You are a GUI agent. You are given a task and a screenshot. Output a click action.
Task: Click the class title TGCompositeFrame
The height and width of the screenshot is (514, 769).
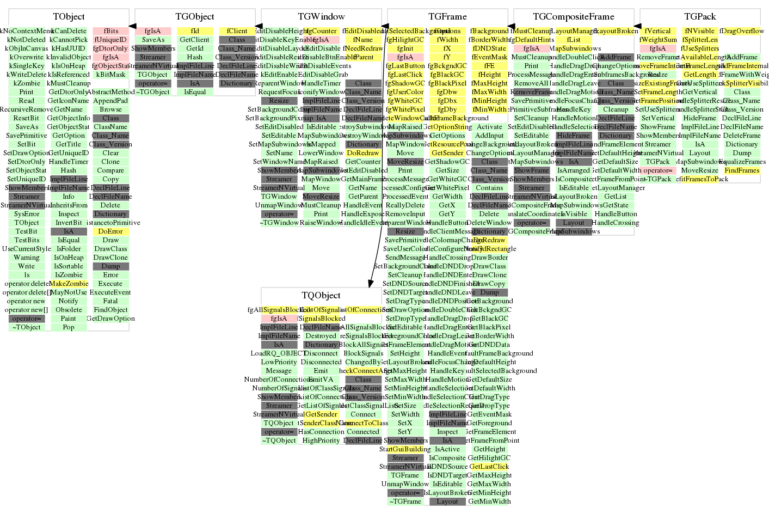[574, 17]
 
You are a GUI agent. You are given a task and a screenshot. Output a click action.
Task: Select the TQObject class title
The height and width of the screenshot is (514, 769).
[321, 296]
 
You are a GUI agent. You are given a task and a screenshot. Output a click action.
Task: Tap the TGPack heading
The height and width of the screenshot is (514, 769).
[700, 17]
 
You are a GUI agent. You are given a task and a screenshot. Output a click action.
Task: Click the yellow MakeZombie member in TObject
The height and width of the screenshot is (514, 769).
[69, 284]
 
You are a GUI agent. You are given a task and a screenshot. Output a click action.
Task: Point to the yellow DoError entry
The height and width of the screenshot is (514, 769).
[110, 231]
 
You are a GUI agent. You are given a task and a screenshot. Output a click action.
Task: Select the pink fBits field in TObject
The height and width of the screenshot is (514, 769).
[110, 31]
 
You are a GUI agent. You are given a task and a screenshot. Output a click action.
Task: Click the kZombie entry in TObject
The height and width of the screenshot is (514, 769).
[27, 83]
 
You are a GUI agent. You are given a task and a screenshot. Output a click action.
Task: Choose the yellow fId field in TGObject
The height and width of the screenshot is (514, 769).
[195, 31]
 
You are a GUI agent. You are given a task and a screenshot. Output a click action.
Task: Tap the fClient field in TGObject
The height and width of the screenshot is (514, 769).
[237, 31]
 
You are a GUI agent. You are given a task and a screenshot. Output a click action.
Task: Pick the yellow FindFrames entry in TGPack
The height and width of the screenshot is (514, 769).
[742, 170]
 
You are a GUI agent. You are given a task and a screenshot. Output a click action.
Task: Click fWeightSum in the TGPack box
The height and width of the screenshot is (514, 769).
[659, 40]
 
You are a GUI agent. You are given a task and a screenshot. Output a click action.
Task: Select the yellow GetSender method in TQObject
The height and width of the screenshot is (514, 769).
[321, 414]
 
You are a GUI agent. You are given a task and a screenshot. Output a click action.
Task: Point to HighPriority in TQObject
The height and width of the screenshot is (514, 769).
[321, 440]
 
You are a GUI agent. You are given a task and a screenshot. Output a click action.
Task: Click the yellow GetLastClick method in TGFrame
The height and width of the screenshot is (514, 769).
[489, 467]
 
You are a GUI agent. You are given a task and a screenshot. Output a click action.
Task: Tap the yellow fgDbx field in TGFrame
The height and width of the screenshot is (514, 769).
[447, 101]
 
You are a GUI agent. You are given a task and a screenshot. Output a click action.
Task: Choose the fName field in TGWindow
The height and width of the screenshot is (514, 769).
[363, 40]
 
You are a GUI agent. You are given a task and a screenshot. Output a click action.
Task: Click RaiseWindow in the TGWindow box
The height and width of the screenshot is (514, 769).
[321, 223]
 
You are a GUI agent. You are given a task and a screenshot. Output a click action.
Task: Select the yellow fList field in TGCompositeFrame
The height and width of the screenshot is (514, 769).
[574, 40]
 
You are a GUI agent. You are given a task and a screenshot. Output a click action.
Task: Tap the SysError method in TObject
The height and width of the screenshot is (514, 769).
[27, 214]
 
